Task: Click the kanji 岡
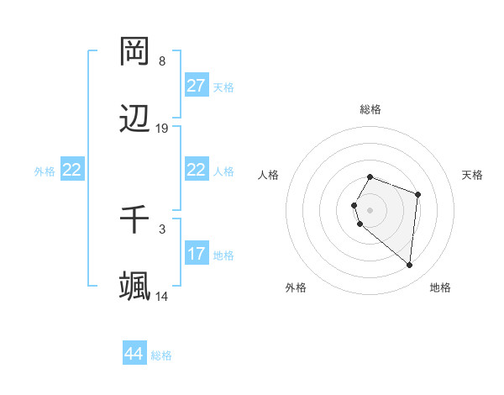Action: tap(135, 52)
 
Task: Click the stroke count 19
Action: tap(162, 129)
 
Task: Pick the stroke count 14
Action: tap(162, 296)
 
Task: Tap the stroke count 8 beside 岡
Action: tap(162, 61)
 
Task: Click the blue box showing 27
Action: tap(197, 86)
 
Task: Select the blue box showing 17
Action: tap(197, 254)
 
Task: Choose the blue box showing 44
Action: tap(134, 354)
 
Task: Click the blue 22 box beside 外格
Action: tap(72, 170)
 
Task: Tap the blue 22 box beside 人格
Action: tap(197, 170)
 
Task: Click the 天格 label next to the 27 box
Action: tap(223, 87)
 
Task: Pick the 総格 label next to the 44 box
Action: tap(161, 355)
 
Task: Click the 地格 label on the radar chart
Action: tap(440, 287)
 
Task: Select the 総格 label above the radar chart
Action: tap(370, 109)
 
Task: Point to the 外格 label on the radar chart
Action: tap(296, 287)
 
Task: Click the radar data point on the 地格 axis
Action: tap(410, 265)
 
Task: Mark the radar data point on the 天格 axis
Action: tap(417, 195)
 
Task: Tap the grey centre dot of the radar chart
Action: tap(370, 209)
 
